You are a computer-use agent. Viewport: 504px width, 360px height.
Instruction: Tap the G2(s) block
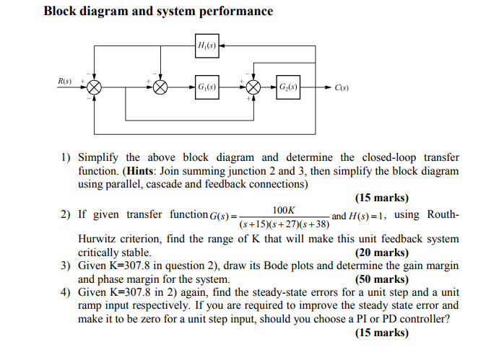coord(289,87)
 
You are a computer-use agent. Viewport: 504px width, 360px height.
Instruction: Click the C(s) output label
coord(342,88)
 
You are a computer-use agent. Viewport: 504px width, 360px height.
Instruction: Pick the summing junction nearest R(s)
coord(94,87)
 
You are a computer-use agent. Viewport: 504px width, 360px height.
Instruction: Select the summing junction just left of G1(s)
coord(160,87)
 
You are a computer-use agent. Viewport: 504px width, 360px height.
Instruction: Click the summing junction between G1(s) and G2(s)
coord(253,87)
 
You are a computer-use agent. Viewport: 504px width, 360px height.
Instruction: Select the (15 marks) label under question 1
coord(381,198)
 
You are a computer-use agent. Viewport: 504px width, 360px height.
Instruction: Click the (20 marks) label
coord(381,253)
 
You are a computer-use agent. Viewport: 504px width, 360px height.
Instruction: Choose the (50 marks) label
coord(381,279)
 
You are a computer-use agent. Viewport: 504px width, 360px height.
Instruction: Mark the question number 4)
coord(66,292)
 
